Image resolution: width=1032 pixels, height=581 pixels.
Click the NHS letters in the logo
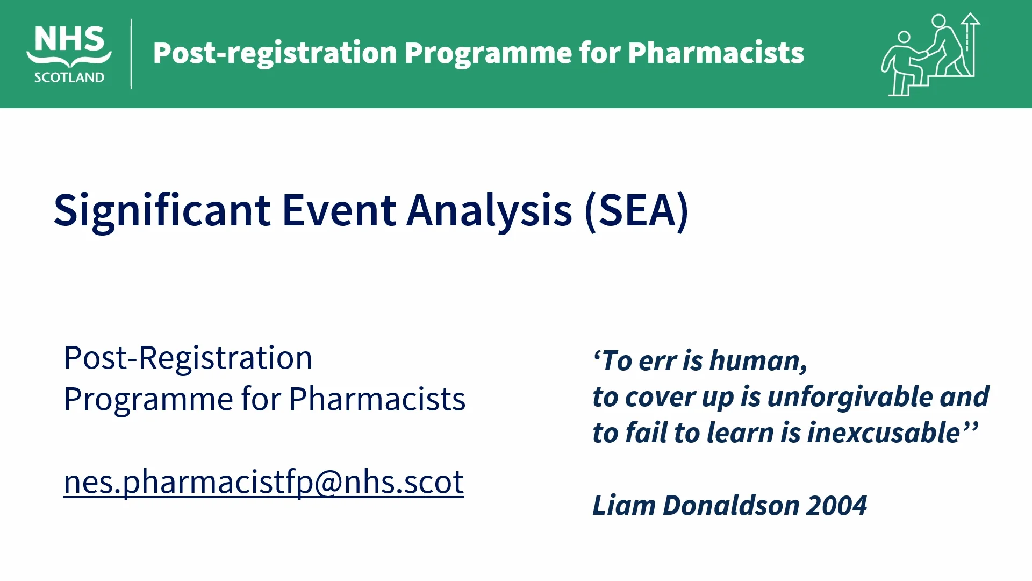69,39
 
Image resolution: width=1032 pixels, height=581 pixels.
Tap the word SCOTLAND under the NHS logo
69,77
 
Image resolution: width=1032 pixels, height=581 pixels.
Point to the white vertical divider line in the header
131,54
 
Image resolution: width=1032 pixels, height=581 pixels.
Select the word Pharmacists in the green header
716,53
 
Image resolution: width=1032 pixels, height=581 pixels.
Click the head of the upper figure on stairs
938,21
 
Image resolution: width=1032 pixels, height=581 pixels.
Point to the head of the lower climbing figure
904,37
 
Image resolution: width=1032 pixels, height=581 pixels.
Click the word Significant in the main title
162,211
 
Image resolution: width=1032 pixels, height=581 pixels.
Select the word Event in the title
339,210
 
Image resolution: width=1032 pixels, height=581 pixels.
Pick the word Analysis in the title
489,211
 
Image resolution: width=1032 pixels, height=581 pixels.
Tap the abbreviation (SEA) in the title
636,211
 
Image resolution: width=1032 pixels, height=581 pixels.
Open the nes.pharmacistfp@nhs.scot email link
264,482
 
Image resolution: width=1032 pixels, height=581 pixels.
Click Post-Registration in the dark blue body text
188,358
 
